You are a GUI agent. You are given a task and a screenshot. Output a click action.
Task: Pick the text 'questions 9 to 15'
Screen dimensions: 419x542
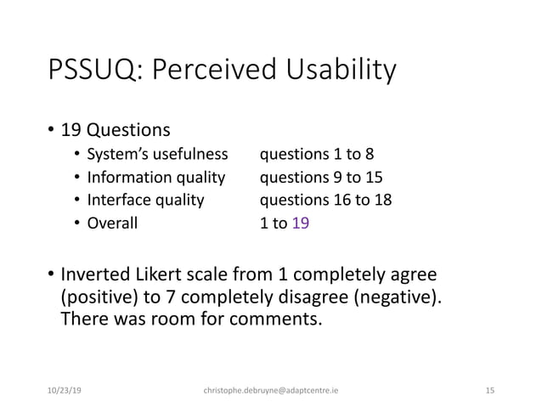[x=321, y=178]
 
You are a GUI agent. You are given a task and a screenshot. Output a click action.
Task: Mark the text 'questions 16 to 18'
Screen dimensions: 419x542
[x=325, y=201]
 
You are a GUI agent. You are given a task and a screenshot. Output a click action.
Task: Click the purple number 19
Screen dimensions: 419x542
[x=301, y=224]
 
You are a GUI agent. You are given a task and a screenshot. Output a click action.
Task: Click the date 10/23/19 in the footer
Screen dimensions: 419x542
[x=66, y=390]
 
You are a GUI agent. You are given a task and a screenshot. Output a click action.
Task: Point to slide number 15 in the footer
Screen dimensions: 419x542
[x=489, y=390]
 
